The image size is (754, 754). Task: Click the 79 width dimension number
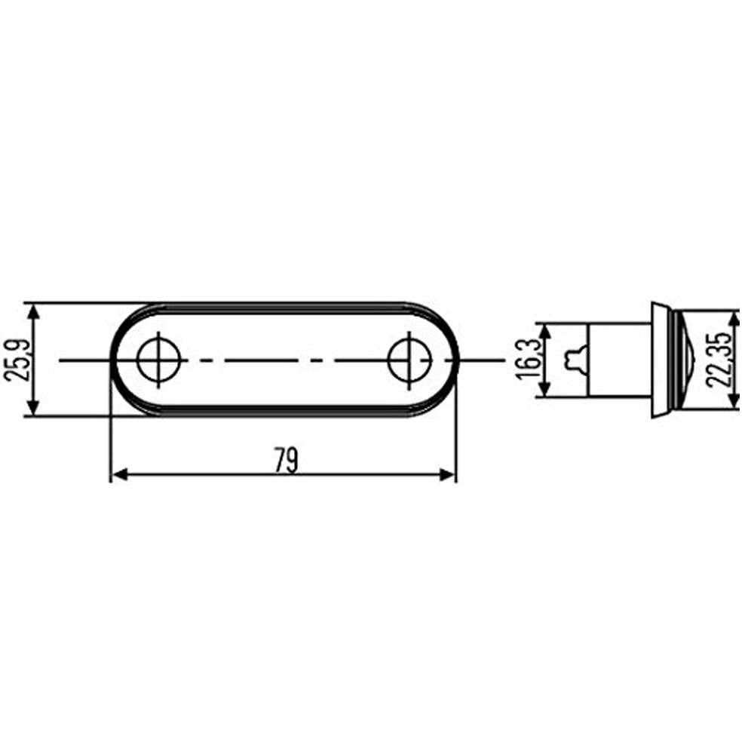[x=286, y=460]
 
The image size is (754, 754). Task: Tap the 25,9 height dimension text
[x=16, y=360]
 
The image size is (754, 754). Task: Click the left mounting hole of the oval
[x=159, y=360]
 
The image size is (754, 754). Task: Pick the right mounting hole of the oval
[x=410, y=360]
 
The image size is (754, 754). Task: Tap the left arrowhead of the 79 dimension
[x=119, y=474]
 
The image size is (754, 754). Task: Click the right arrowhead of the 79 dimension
[x=449, y=474]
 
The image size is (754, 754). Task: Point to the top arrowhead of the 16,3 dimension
[x=545, y=330]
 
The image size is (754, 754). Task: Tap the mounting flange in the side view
[x=660, y=360]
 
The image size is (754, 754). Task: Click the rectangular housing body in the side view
[x=618, y=360]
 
